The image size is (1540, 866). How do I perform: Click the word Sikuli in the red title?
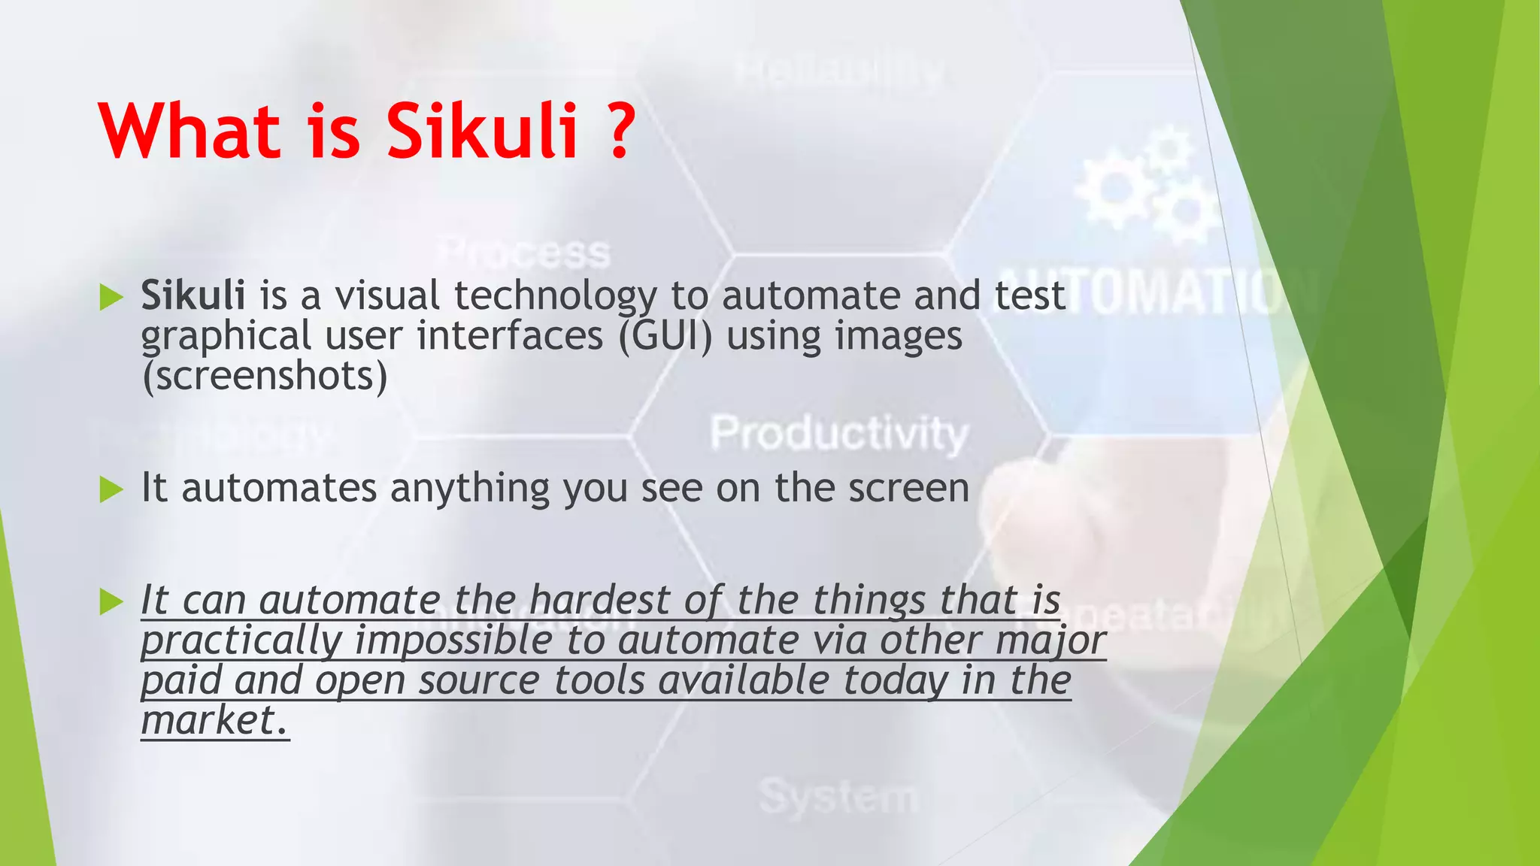coord(481,132)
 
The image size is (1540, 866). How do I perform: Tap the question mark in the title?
coord(620,132)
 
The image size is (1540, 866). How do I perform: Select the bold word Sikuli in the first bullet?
coord(193,295)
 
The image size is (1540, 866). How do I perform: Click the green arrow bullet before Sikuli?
coord(111,298)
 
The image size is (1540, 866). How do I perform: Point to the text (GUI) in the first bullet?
coord(665,335)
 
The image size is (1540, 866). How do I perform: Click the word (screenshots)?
coord(265,375)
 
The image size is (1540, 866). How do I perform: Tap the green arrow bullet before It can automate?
coord(111,602)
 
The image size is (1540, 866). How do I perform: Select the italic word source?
coord(479,681)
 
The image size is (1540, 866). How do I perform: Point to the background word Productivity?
coord(839,435)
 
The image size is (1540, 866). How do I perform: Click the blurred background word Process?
coord(524,253)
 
